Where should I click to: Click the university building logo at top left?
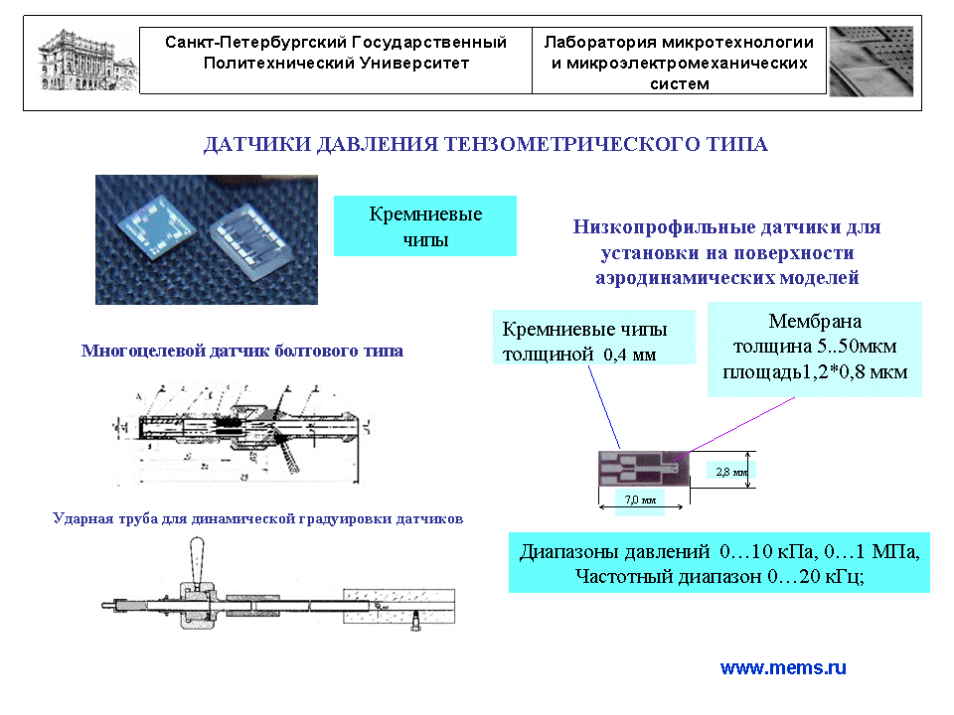point(83,60)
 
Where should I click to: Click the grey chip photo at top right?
point(871,61)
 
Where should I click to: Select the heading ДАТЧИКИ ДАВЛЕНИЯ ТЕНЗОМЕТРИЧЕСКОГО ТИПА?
point(485,145)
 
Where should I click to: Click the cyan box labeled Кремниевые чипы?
point(425,226)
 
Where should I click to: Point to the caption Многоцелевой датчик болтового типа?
point(242,352)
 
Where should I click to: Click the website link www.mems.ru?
point(783,668)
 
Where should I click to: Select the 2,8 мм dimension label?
point(731,472)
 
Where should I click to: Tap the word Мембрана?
point(815,322)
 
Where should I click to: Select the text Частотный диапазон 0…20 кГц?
point(718,575)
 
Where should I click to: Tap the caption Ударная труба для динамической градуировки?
point(257,518)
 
